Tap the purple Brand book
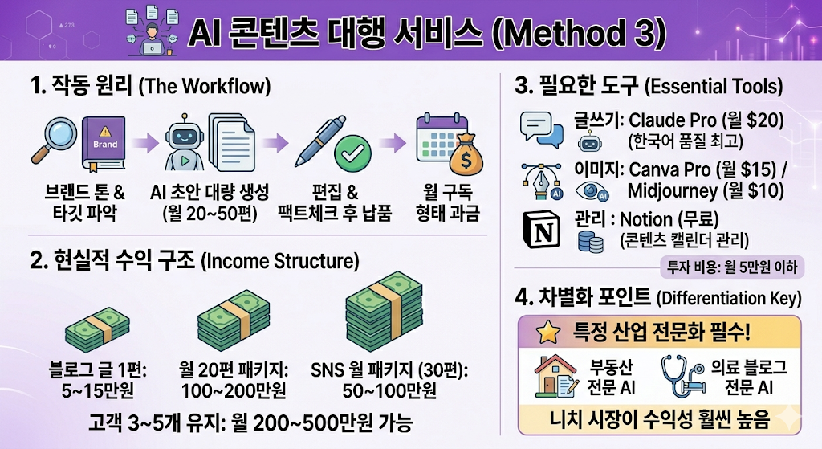pos(104,144)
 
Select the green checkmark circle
pos(353,153)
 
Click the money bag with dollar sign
pos(466,155)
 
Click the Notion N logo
pos(542,230)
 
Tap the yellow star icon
pos(547,333)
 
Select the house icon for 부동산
pos(555,375)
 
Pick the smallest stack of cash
pos(97,326)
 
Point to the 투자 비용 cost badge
pos(732,267)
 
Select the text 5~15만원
pos(97,390)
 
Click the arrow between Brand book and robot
pos(146,142)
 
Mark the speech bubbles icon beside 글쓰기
pos(542,129)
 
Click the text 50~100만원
pos(389,391)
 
